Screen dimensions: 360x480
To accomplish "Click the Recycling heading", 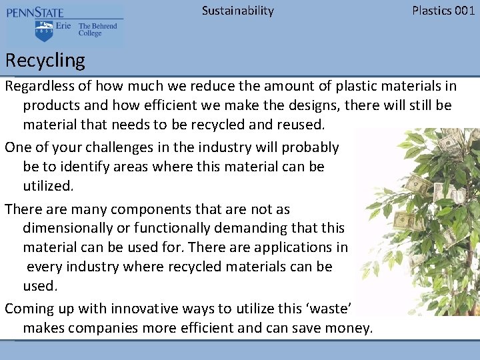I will tap(45, 61).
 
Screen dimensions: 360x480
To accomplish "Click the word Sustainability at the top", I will tap(237, 10).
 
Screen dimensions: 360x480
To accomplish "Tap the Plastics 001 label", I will tap(443, 10).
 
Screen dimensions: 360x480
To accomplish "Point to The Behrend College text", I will tap(97, 30).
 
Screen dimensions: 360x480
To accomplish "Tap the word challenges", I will tap(110, 147).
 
